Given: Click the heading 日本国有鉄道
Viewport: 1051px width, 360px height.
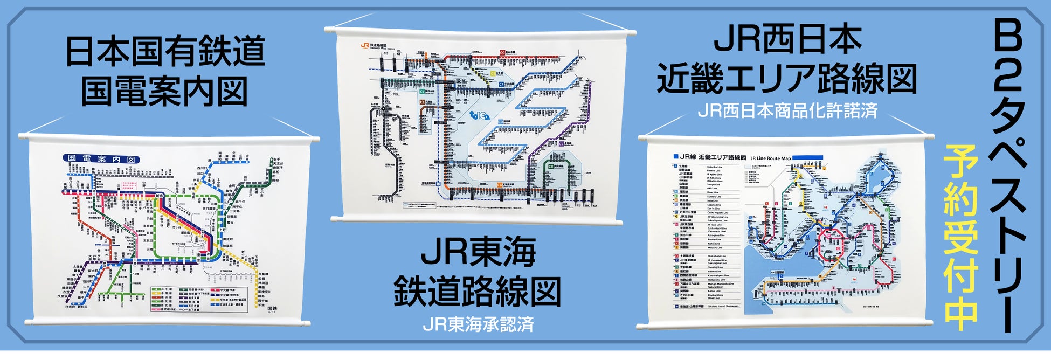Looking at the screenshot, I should [165, 51].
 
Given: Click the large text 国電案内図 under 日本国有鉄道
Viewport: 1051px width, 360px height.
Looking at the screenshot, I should [165, 92].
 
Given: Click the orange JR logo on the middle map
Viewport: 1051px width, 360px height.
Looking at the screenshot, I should [365, 46].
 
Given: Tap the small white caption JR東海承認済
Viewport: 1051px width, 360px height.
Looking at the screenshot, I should [478, 324].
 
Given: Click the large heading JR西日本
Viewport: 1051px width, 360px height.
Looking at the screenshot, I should [787, 39].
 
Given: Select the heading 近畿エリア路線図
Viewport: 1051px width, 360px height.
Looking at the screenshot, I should [787, 79].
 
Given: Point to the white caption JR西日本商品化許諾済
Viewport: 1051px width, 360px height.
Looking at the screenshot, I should [787, 110].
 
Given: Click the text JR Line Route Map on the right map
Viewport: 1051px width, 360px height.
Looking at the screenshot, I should [770, 158].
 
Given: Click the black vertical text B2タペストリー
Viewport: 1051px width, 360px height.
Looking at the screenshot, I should [1006, 178].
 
